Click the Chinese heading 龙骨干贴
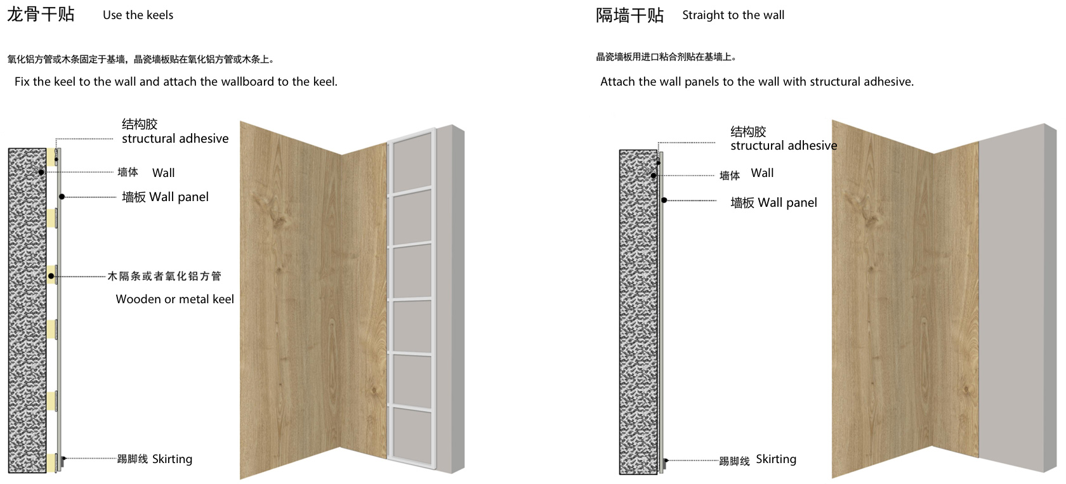41,15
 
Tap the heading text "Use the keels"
138,15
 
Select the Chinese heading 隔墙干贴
629,15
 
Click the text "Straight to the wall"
734,15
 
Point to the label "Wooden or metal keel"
174,299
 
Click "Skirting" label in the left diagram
173,459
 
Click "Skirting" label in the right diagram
775,459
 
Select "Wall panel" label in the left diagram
179,197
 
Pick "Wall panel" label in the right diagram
787,203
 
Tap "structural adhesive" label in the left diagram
175,138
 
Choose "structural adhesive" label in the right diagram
784,146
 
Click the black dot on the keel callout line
51,276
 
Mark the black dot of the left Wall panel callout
62,197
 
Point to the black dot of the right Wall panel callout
664,200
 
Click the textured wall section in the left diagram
27,310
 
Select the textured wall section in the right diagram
638,312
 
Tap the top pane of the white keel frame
412,162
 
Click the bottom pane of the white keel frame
412,435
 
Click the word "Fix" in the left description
22,81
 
